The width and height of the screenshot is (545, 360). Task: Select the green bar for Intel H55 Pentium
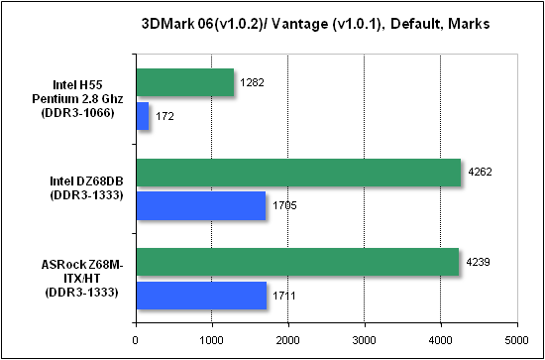pyautogui.click(x=185, y=82)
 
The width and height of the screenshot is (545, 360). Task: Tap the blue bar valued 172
pyautogui.click(x=143, y=116)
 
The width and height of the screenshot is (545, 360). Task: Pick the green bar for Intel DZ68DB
pyautogui.click(x=298, y=173)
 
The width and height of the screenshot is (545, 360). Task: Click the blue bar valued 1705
pyautogui.click(x=201, y=205)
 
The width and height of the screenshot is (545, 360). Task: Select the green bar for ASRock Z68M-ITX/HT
pyautogui.click(x=297, y=262)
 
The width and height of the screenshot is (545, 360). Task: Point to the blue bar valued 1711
pyautogui.click(x=201, y=296)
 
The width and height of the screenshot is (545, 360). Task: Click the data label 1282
pyautogui.click(x=252, y=82)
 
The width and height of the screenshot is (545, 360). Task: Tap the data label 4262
pyautogui.click(x=480, y=173)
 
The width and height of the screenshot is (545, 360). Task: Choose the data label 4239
pyautogui.click(x=478, y=262)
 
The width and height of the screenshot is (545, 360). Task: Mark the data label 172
pyautogui.click(x=164, y=116)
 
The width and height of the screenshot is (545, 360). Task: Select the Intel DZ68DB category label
pyautogui.click(x=86, y=189)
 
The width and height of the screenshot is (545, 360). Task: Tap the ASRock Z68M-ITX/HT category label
pyautogui.click(x=82, y=280)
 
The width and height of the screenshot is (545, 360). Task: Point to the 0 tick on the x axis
pyautogui.click(x=137, y=340)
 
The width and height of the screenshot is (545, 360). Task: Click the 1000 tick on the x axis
pyautogui.click(x=212, y=340)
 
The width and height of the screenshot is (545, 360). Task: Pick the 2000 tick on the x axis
pyautogui.click(x=288, y=340)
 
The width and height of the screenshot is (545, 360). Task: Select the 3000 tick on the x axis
pyautogui.click(x=365, y=340)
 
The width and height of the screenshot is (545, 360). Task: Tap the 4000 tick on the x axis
pyautogui.click(x=441, y=340)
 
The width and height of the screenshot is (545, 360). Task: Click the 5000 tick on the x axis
pyautogui.click(x=517, y=340)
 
